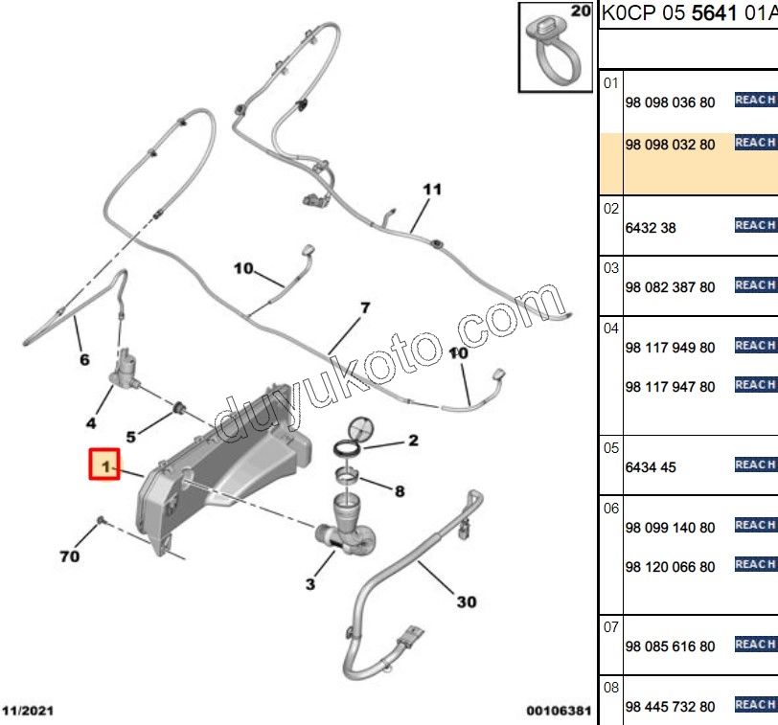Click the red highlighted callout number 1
click(104, 464)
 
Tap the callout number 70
click(69, 556)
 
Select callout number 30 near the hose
click(467, 602)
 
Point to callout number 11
click(432, 190)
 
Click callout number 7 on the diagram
click(366, 308)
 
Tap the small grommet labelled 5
click(178, 409)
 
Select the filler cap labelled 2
click(354, 437)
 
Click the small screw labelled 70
click(101, 520)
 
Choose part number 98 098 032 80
click(670, 145)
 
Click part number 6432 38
click(651, 228)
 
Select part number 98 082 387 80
click(670, 287)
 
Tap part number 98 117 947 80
click(670, 387)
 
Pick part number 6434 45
click(651, 467)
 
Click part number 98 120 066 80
click(670, 567)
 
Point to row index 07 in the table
click(611, 627)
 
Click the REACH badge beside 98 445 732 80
click(756, 704)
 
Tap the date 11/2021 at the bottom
click(28, 711)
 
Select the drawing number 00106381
click(559, 711)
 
